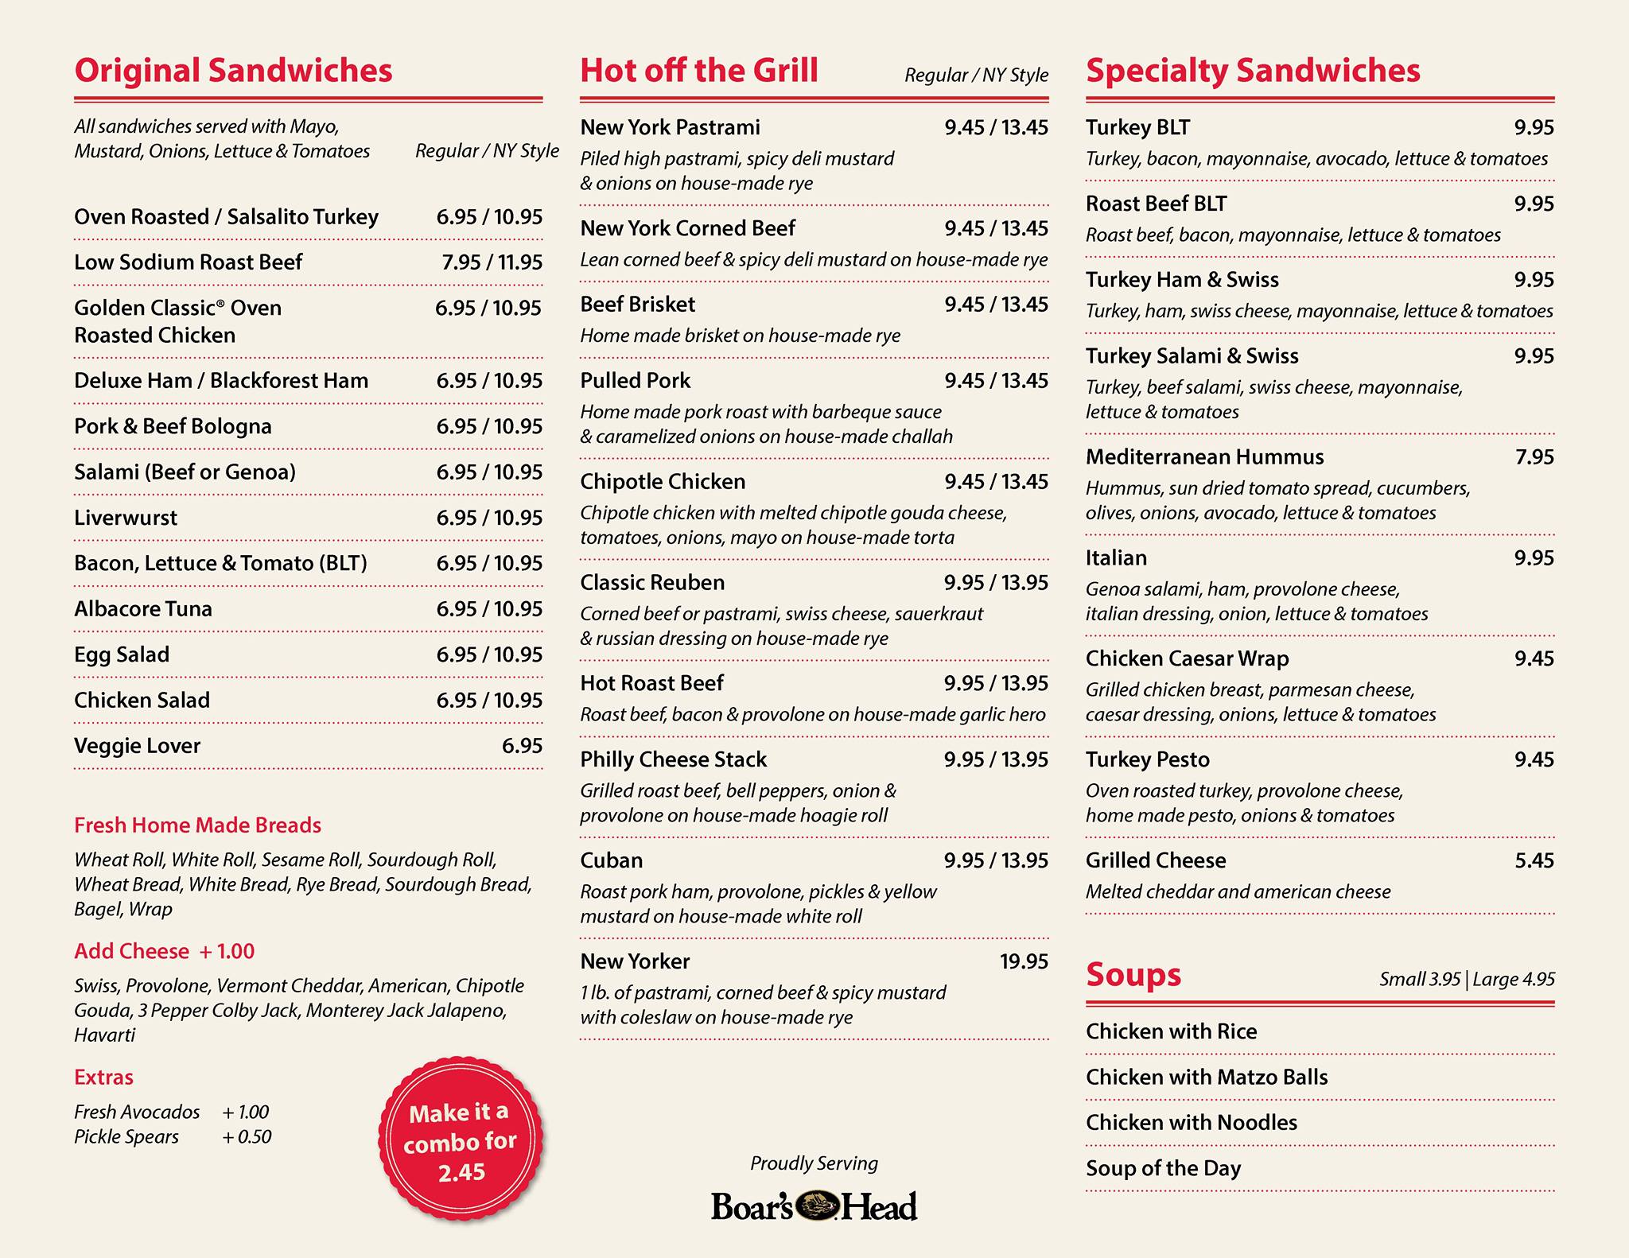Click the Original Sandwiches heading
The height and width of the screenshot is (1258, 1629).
[x=233, y=70]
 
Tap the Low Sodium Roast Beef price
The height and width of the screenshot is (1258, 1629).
[x=492, y=262]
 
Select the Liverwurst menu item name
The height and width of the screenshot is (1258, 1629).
[x=126, y=518]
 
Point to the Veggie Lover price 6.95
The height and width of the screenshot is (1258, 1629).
[x=522, y=746]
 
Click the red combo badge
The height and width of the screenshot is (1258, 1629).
[x=461, y=1142]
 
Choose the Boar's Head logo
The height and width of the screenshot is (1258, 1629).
[x=814, y=1206]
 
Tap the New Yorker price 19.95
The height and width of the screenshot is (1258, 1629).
[x=1024, y=961]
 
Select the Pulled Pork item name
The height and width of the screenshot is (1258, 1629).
[x=635, y=381]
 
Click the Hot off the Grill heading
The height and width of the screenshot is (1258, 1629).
[x=698, y=70]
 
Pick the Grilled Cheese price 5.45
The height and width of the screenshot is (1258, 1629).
[x=1534, y=860]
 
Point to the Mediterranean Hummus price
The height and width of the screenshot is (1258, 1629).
[x=1534, y=457]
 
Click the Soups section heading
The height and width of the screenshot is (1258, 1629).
[x=1133, y=975]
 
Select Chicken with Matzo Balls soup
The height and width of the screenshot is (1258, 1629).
[x=1207, y=1077]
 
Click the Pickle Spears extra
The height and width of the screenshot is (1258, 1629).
[x=126, y=1137]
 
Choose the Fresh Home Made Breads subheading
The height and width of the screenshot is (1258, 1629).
[x=197, y=825]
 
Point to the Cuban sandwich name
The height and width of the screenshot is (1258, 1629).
[x=611, y=860]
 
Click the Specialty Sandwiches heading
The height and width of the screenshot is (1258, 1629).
[x=1253, y=70]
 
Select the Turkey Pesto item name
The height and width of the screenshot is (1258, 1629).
[x=1147, y=759]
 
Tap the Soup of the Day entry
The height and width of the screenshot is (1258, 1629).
[x=1163, y=1168]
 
